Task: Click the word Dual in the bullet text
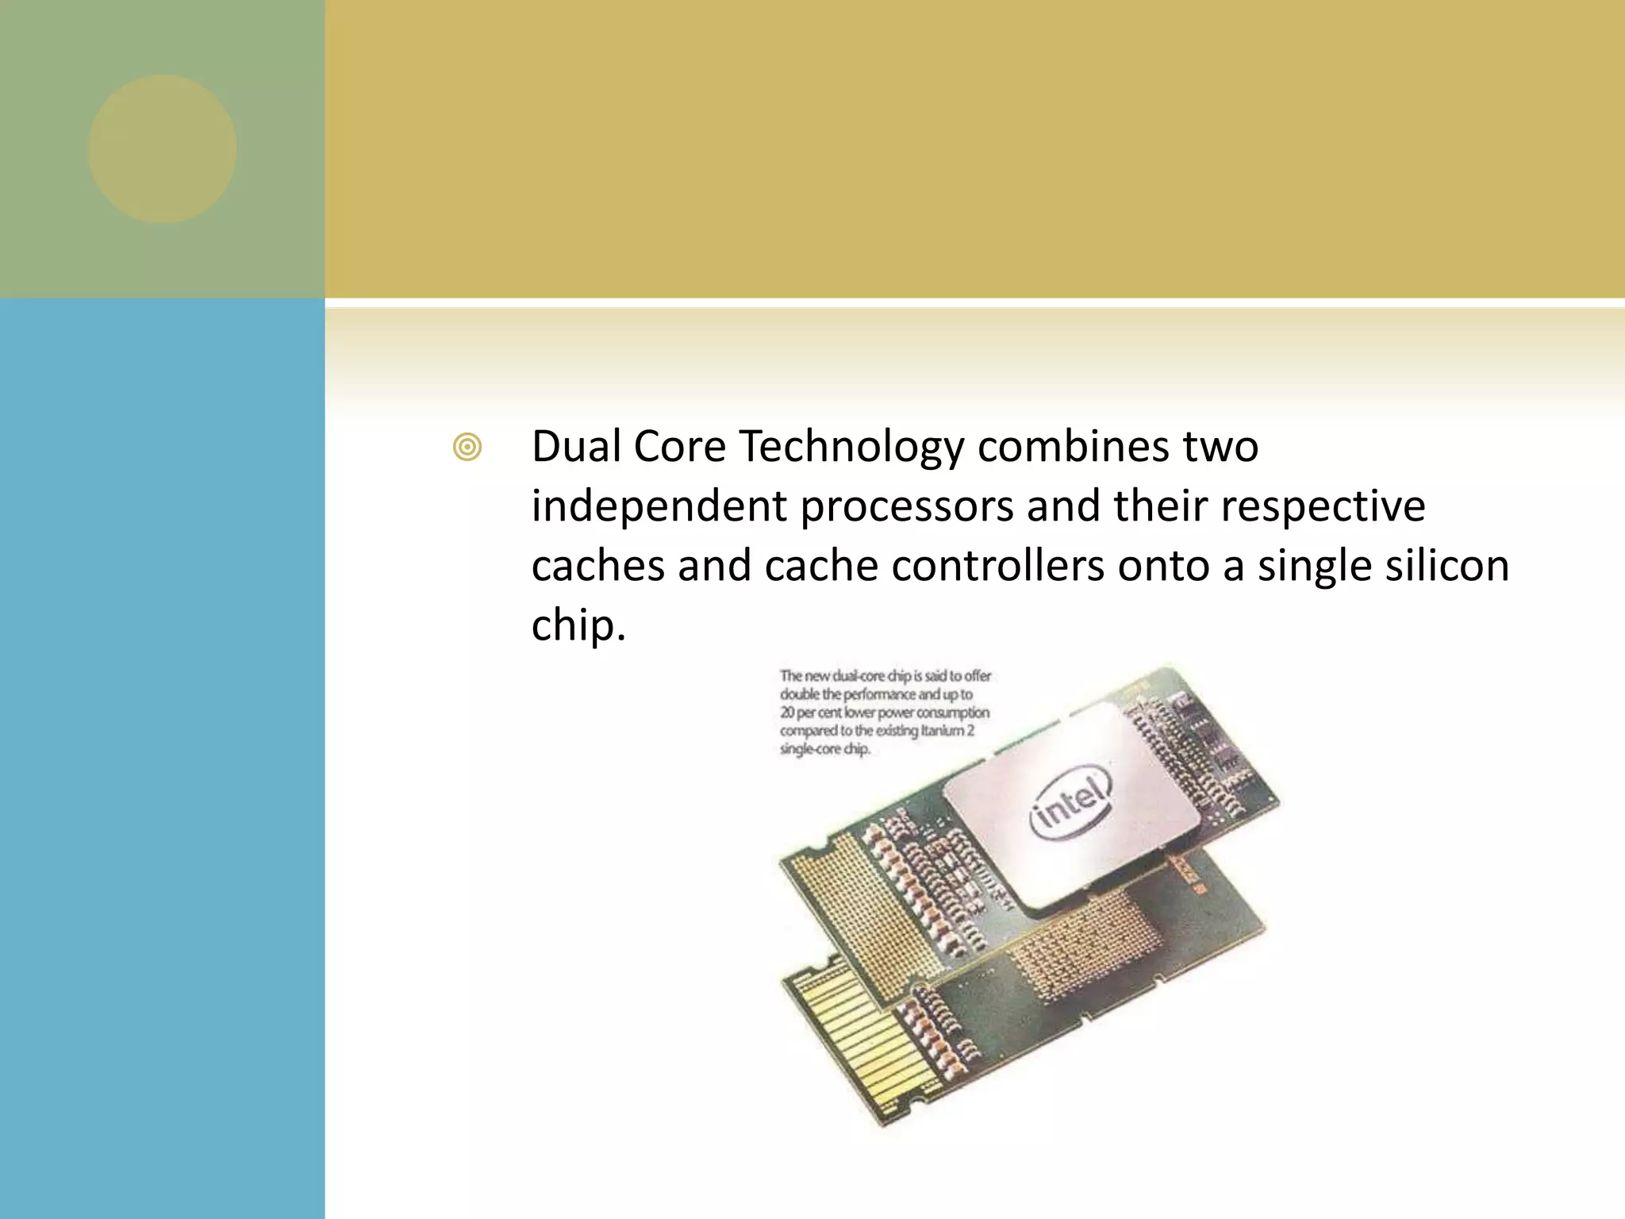tap(576, 446)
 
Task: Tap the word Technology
tap(851, 448)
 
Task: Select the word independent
tap(659, 506)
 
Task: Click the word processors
tap(906, 508)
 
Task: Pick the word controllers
tap(997, 567)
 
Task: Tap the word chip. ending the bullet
tap(578, 627)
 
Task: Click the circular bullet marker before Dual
tap(467, 448)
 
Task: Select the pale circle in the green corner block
tap(162, 149)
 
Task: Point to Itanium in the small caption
tap(941, 731)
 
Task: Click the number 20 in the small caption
tap(787, 713)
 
